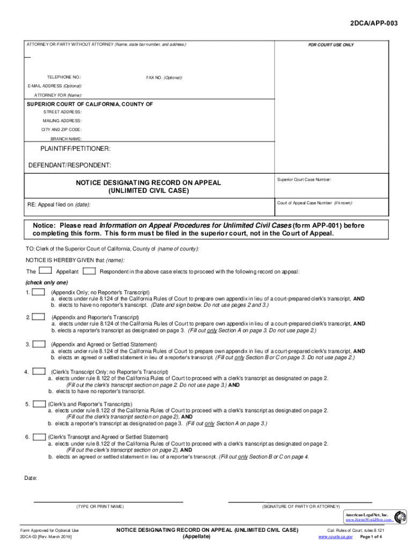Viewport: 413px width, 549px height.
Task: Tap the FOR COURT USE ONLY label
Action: coord(330,45)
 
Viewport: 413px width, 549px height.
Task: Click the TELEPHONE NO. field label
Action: coord(64,77)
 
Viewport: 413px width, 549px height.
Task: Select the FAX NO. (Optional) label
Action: coord(164,77)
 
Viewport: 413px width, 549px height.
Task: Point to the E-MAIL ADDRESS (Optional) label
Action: coord(55,86)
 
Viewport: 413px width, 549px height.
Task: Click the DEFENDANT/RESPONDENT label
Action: coord(70,165)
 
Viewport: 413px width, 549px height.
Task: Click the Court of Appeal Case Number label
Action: coord(315,203)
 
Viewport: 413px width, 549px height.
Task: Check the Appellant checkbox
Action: coord(46,271)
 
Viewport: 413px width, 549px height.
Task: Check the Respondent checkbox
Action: coord(90,271)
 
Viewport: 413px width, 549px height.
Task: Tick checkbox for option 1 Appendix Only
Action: coord(38,293)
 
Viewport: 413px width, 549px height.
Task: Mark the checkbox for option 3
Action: coord(38,344)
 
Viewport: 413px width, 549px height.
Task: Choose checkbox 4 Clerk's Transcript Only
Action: coord(39,371)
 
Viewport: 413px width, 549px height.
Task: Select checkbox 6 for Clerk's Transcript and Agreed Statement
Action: coord(39,437)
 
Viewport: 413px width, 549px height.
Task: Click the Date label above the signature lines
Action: coord(31,478)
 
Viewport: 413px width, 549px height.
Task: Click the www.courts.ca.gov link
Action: coord(335,536)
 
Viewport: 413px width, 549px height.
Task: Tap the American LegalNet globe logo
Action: coord(400,517)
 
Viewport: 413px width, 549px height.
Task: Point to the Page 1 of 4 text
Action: coord(371,536)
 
